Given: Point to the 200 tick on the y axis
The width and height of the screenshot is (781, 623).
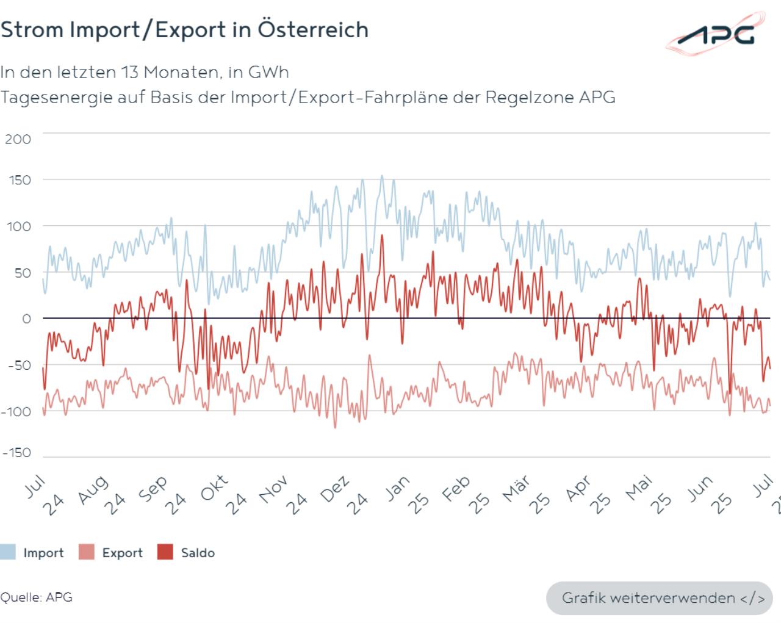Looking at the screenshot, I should click(18, 139).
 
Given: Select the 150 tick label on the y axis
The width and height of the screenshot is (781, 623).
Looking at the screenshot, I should click(18, 180).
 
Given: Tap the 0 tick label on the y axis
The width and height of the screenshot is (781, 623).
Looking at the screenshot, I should click(26, 319).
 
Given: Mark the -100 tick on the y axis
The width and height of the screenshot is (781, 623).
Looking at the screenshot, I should click(16, 412).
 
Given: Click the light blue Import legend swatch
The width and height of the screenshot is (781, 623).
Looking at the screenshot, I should click(8, 553).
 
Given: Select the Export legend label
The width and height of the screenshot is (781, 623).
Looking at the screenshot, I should click(122, 553).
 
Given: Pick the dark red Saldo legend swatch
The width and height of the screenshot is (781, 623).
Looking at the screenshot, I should click(165, 553).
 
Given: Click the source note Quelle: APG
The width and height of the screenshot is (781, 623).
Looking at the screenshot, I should click(37, 597).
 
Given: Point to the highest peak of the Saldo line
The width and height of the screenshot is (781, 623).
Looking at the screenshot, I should click(382, 236).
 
